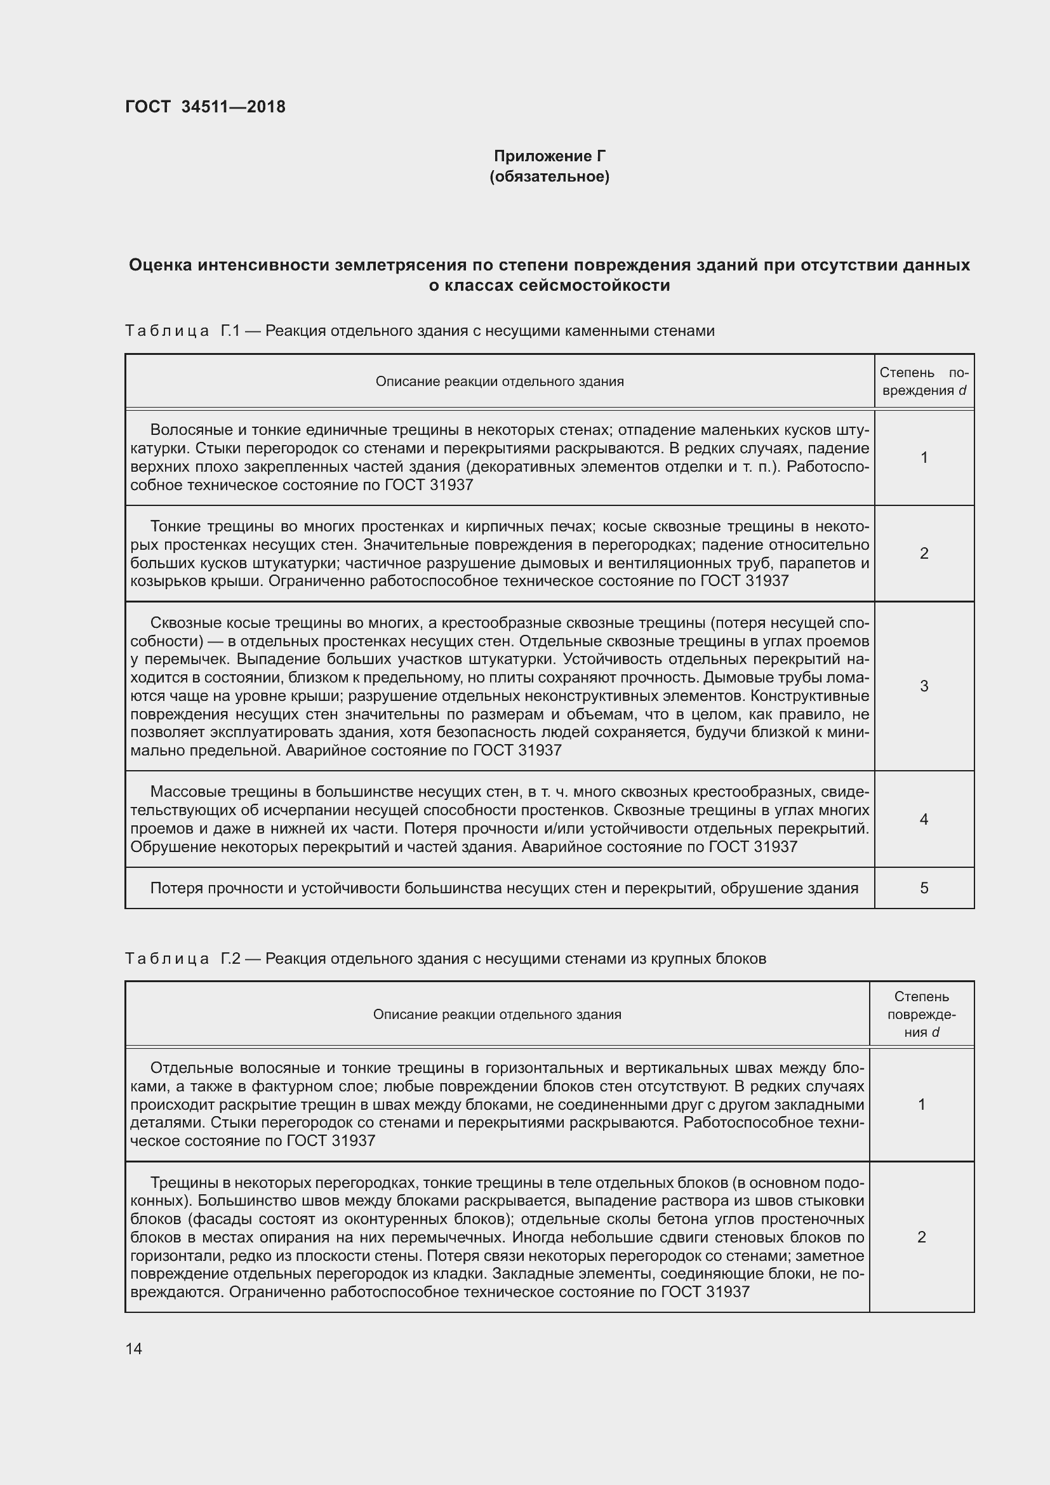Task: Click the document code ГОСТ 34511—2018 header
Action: point(205,107)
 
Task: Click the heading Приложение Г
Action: point(549,156)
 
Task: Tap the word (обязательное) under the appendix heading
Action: point(549,176)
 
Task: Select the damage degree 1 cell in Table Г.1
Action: point(924,458)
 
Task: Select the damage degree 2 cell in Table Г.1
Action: point(924,553)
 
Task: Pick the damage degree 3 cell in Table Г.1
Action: point(924,686)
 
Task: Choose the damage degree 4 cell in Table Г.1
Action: point(924,820)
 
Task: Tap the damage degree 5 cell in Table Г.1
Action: point(924,888)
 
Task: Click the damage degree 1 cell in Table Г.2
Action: point(921,1104)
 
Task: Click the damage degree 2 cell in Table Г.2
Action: point(921,1237)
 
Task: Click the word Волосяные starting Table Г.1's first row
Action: point(187,430)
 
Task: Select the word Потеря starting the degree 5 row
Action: point(176,888)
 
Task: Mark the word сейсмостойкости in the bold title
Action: point(594,285)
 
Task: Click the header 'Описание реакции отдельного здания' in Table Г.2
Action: point(496,1014)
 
